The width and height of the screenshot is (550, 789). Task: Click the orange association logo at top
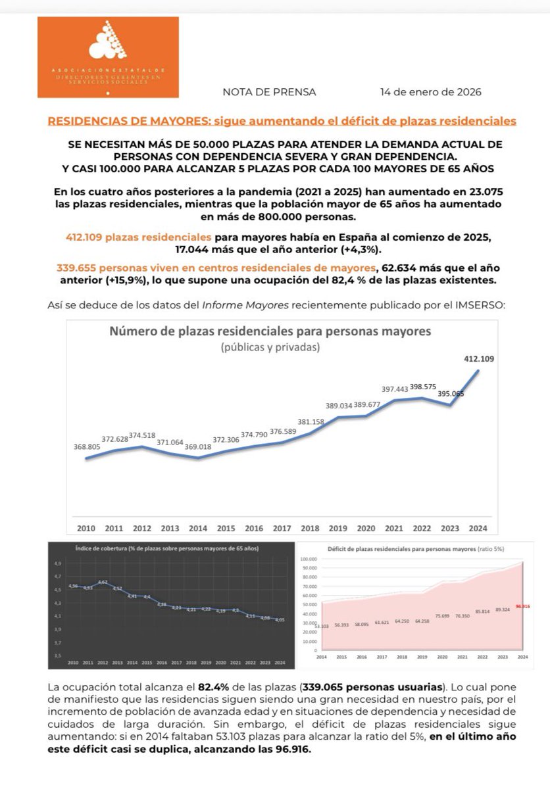(x=108, y=57)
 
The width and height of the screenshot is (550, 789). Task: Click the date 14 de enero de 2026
(x=430, y=92)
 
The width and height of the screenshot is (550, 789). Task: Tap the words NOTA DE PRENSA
(x=269, y=92)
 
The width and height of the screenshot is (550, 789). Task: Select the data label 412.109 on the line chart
(x=478, y=359)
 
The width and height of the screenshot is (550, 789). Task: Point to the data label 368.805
(x=87, y=447)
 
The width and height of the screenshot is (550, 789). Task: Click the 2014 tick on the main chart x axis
(x=198, y=528)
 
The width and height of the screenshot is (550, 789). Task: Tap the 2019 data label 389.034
(x=338, y=406)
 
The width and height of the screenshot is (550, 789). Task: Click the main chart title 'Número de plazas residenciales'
(x=270, y=331)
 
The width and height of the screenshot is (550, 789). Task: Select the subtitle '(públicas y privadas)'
(x=270, y=347)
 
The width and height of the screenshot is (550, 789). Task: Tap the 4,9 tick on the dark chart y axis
(x=57, y=563)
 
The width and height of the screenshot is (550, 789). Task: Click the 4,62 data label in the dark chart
(x=103, y=582)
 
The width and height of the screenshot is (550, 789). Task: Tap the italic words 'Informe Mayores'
(x=234, y=305)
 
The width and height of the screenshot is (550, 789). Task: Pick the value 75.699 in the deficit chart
(x=442, y=616)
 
